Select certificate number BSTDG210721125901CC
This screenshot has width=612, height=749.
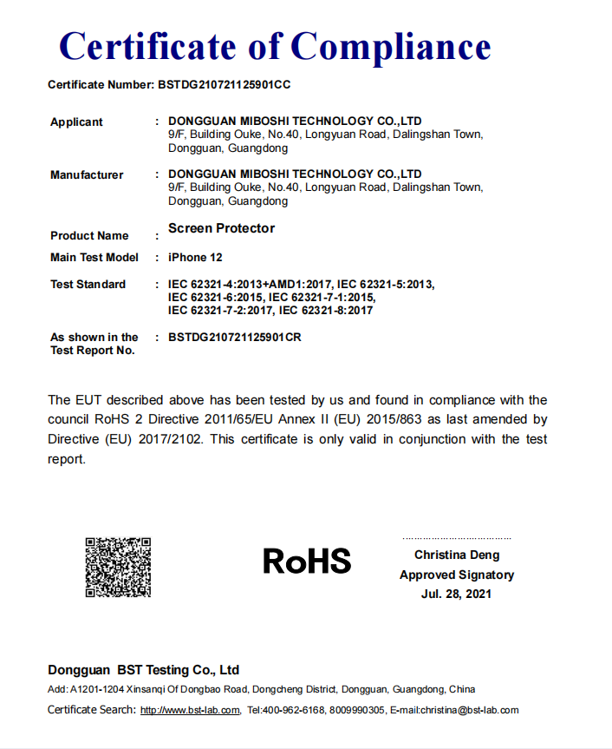click(x=223, y=85)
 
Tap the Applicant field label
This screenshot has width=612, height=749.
click(x=76, y=122)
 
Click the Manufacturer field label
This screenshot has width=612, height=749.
click(x=87, y=175)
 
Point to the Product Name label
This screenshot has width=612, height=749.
click(x=89, y=236)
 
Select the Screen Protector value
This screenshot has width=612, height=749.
click(x=221, y=228)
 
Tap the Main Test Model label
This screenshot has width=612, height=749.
click(x=94, y=258)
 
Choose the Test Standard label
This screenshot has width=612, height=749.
click(x=88, y=285)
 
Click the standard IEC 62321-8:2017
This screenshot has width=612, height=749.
click(x=326, y=310)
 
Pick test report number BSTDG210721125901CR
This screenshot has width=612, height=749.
click(x=234, y=337)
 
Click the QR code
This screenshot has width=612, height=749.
click(x=118, y=568)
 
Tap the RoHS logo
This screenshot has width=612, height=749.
click(x=307, y=561)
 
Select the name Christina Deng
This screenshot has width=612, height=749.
click(x=457, y=555)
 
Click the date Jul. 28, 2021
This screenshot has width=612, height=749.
click(x=456, y=594)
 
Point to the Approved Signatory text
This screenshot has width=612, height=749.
click(x=457, y=575)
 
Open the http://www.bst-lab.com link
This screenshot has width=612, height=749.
click(x=190, y=710)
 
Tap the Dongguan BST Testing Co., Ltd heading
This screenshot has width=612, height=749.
click(x=143, y=670)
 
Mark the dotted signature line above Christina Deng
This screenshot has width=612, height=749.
click(x=457, y=539)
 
